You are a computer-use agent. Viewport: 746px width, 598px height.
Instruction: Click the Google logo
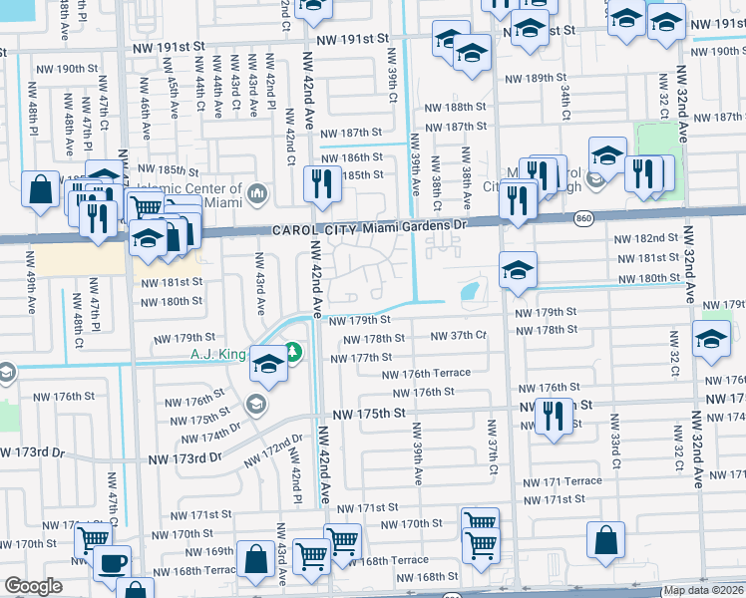[x=34, y=586]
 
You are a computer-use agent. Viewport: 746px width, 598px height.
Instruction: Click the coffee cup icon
[x=112, y=562]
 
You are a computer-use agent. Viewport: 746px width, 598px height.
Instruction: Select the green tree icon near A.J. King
[x=292, y=351]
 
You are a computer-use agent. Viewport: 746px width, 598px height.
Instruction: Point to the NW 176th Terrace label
[x=428, y=374]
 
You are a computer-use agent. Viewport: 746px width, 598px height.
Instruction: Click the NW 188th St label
[x=445, y=108]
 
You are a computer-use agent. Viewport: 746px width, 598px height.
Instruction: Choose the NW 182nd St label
[x=645, y=239]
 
